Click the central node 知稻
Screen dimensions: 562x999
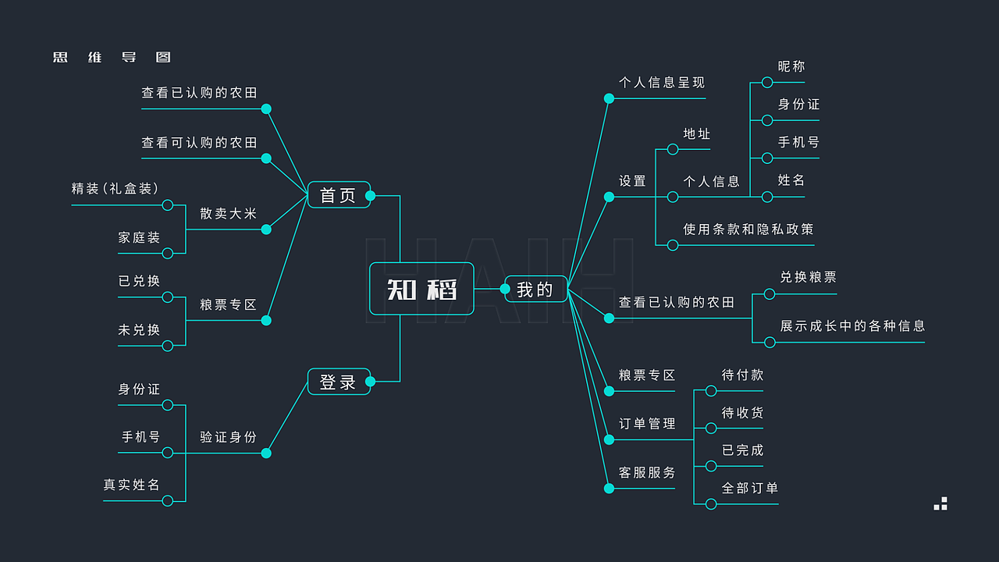421,290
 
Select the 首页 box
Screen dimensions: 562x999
339,195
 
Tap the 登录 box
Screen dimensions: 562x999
339,382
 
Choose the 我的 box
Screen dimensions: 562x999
535,290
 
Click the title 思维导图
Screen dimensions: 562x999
112,58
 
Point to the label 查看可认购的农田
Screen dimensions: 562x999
199,143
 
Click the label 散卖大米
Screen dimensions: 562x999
228,213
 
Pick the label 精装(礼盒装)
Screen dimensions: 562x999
116,189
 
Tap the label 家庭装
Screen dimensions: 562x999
139,237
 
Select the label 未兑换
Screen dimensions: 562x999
139,329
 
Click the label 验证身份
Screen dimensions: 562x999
228,437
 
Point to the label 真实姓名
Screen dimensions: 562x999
132,485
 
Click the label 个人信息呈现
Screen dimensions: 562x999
662,83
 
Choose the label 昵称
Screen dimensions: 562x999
791,67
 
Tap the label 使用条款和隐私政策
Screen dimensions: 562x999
748,229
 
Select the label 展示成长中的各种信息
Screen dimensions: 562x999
852,326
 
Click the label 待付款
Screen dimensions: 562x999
742,375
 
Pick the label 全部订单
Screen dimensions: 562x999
750,489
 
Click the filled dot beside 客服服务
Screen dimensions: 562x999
609,489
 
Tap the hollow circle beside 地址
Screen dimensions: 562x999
673,149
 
